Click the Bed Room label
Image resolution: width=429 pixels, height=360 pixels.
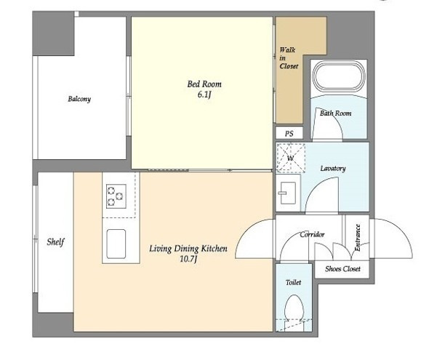click(204, 84)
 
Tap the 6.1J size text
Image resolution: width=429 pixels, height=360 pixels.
click(204, 95)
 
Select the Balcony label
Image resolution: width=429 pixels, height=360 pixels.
click(79, 99)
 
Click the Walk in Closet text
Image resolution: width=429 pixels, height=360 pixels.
click(289, 58)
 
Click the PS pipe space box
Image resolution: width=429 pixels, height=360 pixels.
click(289, 134)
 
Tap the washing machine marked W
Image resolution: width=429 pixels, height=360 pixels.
click(290, 158)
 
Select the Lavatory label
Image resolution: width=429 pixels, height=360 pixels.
click(333, 168)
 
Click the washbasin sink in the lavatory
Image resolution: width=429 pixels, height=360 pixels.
click(287, 193)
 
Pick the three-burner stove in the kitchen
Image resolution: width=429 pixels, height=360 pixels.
click(116, 196)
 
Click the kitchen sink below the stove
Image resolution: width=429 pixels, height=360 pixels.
click(116, 244)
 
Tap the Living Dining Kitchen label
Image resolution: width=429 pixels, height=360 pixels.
click(188, 249)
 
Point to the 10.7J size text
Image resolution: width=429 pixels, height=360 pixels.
click(188, 259)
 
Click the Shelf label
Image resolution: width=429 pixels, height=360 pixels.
click(55, 242)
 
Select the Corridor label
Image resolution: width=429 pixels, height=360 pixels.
click(312, 234)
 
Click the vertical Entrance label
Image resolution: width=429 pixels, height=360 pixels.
click(357, 237)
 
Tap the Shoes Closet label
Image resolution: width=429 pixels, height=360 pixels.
click(342, 269)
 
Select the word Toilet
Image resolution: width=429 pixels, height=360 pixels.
click(293, 282)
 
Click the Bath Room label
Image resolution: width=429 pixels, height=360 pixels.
click(336, 113)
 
